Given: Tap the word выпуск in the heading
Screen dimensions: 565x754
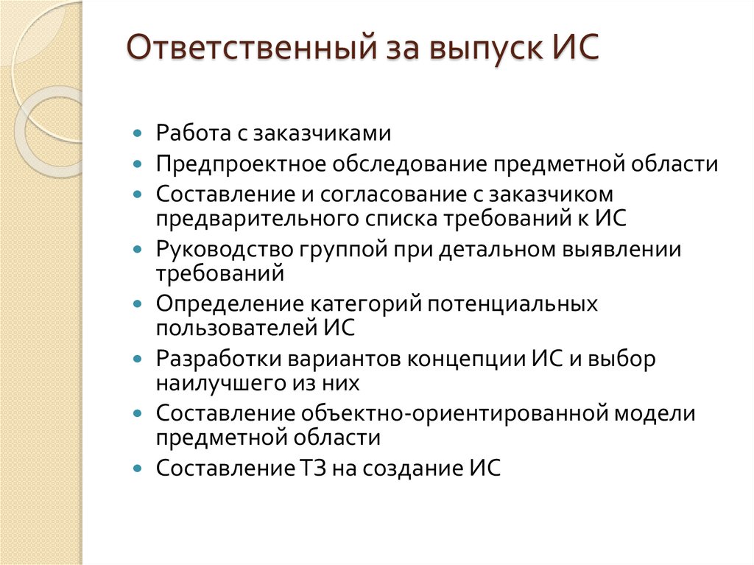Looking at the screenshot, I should pyautogui.click(x=478, y=51).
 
